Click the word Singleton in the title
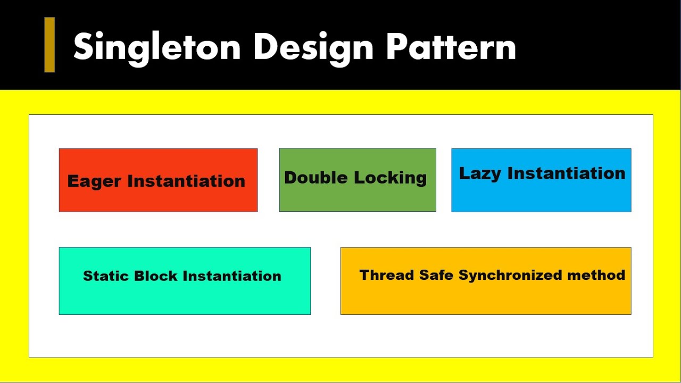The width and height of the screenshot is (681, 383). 157,47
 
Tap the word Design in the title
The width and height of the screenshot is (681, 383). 313,47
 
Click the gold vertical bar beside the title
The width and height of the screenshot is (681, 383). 49,45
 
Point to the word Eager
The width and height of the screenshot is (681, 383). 94,181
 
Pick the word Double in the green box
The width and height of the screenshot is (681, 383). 316,178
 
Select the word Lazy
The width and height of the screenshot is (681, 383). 480,173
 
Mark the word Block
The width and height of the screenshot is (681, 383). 155,276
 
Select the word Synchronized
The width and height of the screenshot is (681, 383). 510,275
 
